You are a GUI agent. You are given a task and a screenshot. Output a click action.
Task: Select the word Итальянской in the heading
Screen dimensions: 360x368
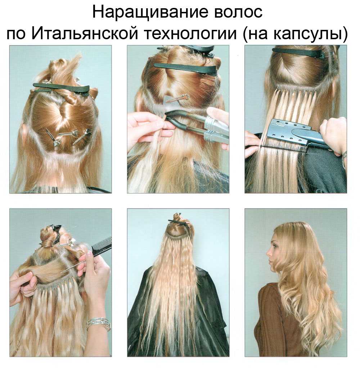[85, 33]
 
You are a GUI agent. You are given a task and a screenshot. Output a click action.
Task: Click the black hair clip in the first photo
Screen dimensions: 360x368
[61, 89]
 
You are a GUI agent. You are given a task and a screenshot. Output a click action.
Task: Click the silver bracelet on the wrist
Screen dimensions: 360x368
[98, 324]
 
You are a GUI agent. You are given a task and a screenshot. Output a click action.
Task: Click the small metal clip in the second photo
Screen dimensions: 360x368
[177, 98]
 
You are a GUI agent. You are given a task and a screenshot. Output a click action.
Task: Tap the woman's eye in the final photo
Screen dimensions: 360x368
[273, 246]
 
